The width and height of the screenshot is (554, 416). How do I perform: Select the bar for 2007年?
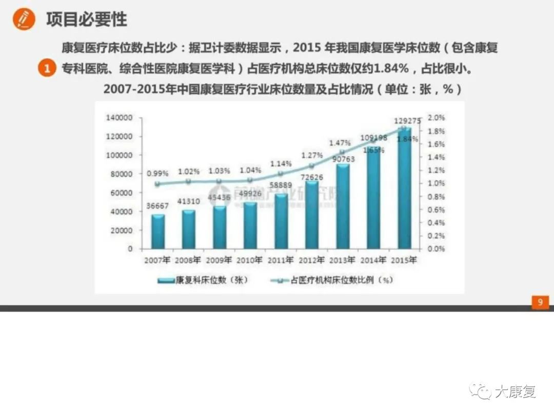click(157, 231)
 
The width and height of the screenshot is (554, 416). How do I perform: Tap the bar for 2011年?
click(281, 221)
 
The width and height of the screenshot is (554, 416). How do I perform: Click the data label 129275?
click(408, 121)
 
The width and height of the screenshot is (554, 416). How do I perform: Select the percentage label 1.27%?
click(312, 155)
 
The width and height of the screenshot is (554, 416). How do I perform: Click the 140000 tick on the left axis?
click(120, 118)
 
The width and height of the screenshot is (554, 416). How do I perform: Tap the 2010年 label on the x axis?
click(250, 260)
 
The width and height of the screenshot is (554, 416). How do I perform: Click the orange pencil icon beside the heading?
click(24, 20)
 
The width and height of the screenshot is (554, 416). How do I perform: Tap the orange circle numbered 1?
click(46, 68)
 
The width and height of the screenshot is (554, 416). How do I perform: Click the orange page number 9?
click(540, 302)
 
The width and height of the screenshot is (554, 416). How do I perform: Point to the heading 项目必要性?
click(86, 20)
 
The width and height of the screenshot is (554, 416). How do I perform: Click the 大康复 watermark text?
click(515, 392)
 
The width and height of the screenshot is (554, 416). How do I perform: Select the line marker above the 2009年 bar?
click(219, 181)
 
